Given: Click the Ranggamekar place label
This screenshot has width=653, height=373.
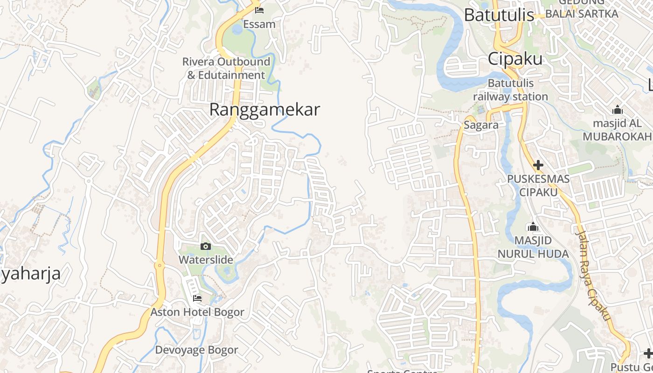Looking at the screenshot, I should [264, 110].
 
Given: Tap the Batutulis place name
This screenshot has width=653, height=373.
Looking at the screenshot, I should [499, 15].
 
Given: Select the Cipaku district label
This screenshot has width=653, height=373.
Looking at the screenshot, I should [515, 59].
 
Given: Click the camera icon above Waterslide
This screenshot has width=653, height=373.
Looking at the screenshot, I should [206, 246].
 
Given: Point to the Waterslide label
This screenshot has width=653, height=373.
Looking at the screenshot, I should [206, 260].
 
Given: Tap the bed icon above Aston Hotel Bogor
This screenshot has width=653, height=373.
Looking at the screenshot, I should [197, 298].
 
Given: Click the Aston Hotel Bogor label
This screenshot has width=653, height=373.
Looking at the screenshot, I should [197, 312].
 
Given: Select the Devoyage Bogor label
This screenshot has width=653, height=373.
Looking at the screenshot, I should [196, 350].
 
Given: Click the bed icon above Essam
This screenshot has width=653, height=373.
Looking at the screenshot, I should [259, 10].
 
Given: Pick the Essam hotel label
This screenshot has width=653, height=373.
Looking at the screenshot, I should [259, 24].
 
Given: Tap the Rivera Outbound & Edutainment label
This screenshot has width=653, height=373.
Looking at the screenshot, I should [226, 68].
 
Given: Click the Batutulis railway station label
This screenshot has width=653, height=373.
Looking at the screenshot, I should [510, 90].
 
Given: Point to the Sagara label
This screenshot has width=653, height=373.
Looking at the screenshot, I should [481, 125].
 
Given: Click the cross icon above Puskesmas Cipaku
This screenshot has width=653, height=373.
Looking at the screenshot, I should [538, 165].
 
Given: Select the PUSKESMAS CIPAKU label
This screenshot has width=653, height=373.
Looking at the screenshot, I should [538, 185].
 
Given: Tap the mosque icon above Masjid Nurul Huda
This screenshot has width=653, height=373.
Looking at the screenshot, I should [533, 227].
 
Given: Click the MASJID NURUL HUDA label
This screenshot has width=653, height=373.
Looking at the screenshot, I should [533, 247].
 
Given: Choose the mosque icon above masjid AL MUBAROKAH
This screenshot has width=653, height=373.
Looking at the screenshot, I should [617, 110].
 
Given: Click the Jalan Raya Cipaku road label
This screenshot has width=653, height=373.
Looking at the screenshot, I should [593, 275].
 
